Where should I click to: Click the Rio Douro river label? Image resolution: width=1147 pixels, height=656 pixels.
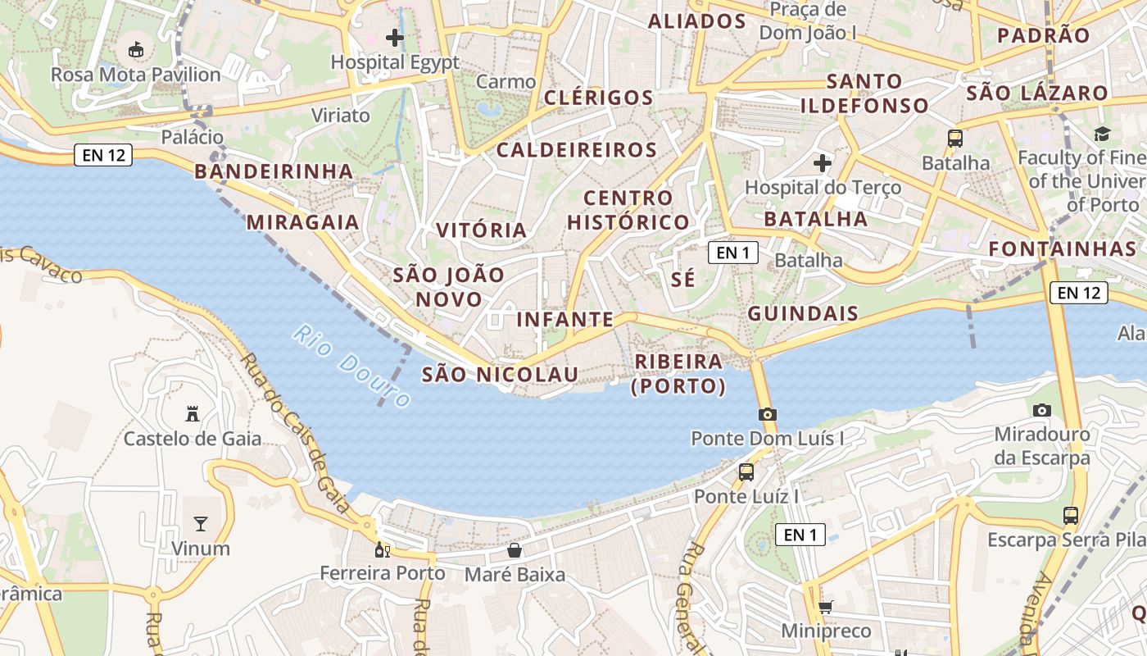point(351,367)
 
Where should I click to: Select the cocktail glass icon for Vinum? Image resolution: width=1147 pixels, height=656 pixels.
point(201,523)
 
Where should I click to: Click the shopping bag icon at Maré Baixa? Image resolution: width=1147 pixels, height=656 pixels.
point(515,549)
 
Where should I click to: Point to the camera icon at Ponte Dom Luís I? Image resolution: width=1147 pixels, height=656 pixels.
point(767,414)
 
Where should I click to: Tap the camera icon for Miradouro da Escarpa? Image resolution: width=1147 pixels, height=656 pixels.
point(1042,410)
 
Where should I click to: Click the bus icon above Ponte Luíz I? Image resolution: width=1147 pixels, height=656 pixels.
point(746,471)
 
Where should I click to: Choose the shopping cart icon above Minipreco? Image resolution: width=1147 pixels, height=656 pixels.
point(825,607)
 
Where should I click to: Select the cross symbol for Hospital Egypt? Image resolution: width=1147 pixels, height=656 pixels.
point(395,37)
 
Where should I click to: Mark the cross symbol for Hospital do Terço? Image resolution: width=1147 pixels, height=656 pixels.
point(823,163)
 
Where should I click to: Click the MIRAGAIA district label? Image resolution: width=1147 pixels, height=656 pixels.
point(303,222)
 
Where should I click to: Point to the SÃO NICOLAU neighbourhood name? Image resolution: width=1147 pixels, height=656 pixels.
point(500,375)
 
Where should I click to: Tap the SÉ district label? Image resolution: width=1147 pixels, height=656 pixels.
point(683,279)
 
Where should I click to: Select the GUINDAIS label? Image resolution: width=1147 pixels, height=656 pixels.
point(803,313)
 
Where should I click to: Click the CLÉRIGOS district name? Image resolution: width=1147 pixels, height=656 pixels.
point(598,98)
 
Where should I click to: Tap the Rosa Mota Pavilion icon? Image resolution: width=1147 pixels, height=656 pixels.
point(136,50)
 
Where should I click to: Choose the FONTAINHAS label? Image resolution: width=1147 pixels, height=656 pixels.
point(1061,248)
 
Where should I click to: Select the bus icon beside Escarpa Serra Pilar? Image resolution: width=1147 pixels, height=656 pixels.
point(1070,515)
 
